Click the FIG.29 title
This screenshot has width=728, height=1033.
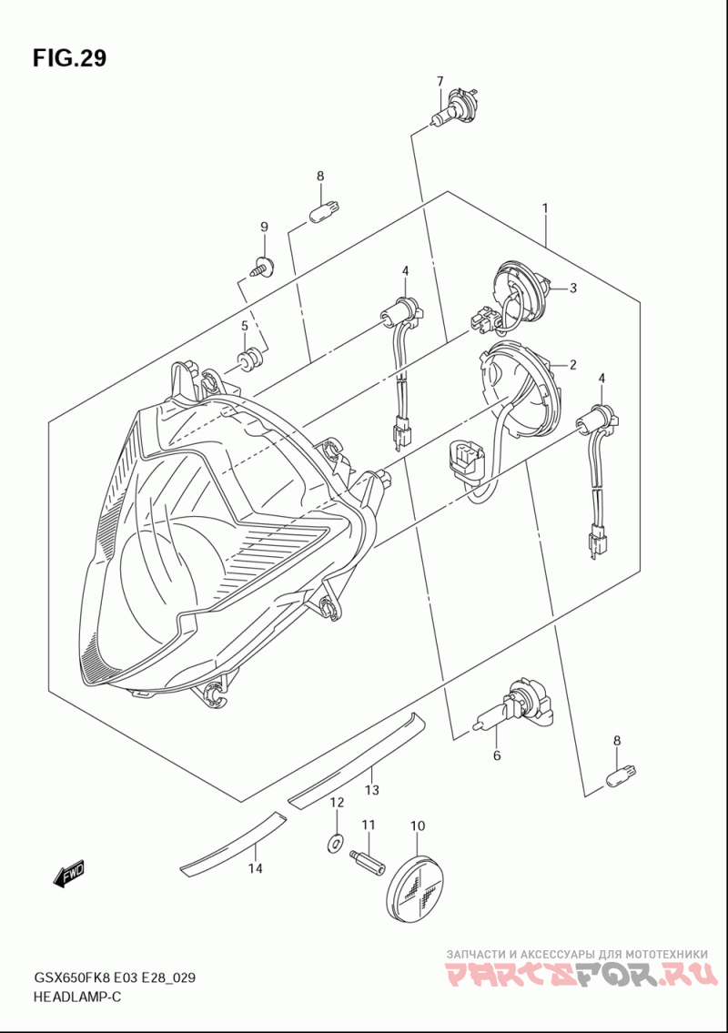69,58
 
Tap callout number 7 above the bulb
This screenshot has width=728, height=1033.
440,81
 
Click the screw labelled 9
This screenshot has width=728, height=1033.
263,268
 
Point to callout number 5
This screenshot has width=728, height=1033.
245,326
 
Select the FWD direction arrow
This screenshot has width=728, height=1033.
69,874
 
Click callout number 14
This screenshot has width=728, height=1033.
256,869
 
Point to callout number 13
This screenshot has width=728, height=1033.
371,790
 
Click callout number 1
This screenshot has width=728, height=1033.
544,208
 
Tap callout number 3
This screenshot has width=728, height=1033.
573,289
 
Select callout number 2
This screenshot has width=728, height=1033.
573,365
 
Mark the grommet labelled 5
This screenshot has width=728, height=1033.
247,359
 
